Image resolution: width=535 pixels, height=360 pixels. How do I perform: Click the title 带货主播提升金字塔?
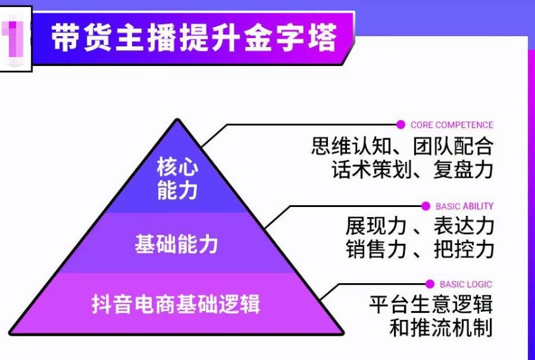coord(194,37)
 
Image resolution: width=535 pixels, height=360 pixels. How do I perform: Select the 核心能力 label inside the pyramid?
coord(177,178)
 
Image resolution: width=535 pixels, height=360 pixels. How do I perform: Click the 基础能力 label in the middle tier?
coord(177,244)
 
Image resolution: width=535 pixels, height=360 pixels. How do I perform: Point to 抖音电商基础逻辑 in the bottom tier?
coord(176,304)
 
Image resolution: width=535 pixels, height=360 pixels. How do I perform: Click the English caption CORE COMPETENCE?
coord(452,125)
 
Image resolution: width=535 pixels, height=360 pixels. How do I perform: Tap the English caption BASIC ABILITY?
coord(464,206)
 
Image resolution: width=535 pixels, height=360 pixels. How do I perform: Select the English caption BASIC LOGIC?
coord(466,284)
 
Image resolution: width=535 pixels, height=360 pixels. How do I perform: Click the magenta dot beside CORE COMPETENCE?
coord(400,125)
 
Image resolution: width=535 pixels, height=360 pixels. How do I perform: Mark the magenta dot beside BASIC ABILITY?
coord(426,206)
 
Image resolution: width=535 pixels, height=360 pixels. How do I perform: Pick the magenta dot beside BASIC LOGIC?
coord(430,284)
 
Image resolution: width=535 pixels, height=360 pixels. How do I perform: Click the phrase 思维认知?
coord(351,146)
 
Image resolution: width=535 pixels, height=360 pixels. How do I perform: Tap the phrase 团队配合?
coord(453,146)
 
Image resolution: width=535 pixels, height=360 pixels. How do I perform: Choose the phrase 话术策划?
coord(372,169)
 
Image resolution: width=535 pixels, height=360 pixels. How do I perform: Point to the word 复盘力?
coord(463,169)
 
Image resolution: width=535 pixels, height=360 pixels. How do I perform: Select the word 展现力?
coord(376,225)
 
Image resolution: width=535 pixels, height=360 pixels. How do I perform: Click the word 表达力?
coord(464,225)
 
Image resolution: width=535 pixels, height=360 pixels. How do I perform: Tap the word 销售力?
coord(376,249)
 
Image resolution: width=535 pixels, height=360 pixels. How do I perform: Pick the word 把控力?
coord(464,249)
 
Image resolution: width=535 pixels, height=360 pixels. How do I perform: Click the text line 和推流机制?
coord(441,327)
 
